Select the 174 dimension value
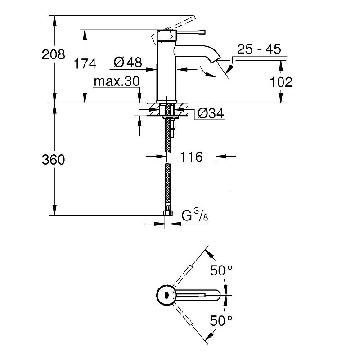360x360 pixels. pyautogui.click(x=85, y=64)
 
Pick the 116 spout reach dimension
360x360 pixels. pyautogui.click(x=191, y=157)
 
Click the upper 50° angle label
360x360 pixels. pyautogui.click(x=221, y=271)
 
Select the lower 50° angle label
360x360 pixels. pyautogui.click(x=221, y=321)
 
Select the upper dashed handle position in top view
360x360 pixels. pyautogui.click(x=189, y=272)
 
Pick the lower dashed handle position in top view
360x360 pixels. pyautogui.click(x=189, y=319)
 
